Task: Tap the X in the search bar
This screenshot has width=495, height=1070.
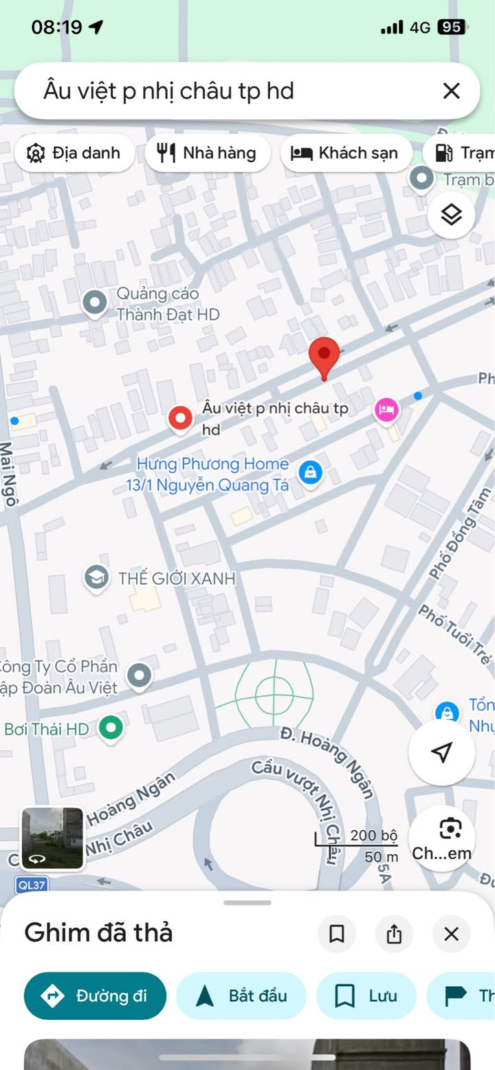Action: coord(451,91)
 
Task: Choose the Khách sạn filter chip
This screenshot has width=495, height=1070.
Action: coord(346,153)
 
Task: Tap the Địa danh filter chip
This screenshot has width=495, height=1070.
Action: coord(74,153)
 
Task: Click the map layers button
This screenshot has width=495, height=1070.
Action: coord(451,215)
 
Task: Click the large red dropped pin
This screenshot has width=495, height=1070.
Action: coord(324,355)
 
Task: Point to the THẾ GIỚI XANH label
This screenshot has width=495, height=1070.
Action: coord(176,579)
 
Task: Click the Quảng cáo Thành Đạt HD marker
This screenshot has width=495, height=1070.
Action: coord(93,302)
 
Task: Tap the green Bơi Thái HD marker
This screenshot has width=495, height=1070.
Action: coord(111,728)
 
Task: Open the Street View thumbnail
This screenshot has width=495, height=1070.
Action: coord(52,838)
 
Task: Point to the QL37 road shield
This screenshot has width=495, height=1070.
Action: coord(32,885)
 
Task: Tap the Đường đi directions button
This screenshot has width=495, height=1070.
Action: coord(95,996)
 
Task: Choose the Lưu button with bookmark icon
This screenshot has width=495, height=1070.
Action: coord(366,996)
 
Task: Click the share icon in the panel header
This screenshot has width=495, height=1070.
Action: coord(394,934)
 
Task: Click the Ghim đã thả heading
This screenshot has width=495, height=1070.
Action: coord(98,933)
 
